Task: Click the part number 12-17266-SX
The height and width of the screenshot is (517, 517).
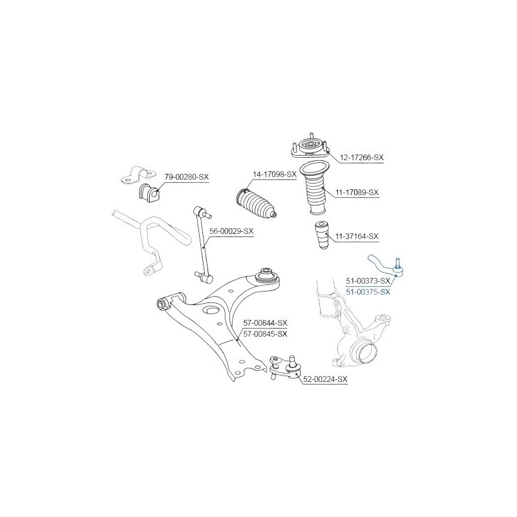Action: (x=362, y=158)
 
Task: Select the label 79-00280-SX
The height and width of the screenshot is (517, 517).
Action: (x=187, y=177)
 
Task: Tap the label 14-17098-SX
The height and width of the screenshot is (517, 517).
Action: (x=275, y=174)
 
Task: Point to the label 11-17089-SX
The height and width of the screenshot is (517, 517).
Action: (x=357, y=192)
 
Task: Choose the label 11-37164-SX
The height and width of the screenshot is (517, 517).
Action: (x=357, y=237)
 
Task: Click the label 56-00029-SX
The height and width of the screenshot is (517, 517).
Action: (x=231, y=231)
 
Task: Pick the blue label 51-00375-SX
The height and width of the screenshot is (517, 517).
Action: (x=368, y=292)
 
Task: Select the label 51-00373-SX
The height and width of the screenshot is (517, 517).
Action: (x=368, y=281)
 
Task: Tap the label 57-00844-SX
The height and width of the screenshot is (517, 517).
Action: (x=265, y=322)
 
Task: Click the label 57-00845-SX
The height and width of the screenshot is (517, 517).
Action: (x=265, y=334)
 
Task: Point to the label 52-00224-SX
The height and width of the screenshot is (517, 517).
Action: (x=325, y=379)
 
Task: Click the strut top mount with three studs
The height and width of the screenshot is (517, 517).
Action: (x=310, y=149)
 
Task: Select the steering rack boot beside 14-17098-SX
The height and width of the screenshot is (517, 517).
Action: (x=256, y=204)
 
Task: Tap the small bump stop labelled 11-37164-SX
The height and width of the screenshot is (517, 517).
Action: (x=322, y=235)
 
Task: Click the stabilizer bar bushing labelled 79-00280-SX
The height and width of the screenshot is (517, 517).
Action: (x=149, y=192)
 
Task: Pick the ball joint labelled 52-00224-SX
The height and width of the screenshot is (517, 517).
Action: (x=285, y=368)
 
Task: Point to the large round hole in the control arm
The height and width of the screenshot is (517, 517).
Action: (x=211, y=311)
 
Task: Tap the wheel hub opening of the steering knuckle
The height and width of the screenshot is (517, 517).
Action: (x=366, y=352)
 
